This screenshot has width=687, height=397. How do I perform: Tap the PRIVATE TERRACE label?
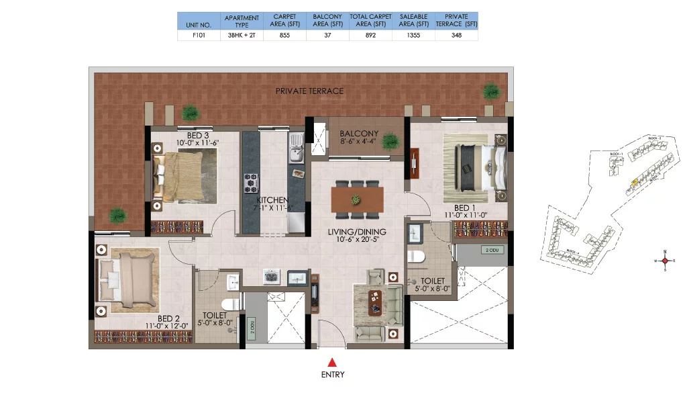click(x=309, y=91)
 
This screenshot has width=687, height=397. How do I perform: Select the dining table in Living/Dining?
click(x=357, y=200)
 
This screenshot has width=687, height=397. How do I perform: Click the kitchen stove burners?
click(x=252, y=181)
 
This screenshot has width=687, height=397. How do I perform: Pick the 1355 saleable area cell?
click(x=413, y=36)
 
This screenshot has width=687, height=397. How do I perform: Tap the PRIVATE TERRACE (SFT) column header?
click(x=456, y=20)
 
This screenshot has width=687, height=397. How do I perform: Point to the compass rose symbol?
click(x=665, y=261)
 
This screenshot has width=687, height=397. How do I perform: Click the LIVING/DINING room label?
click(x=356, y=232)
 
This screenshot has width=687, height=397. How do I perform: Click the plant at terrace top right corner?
click(x=491, y=91)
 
